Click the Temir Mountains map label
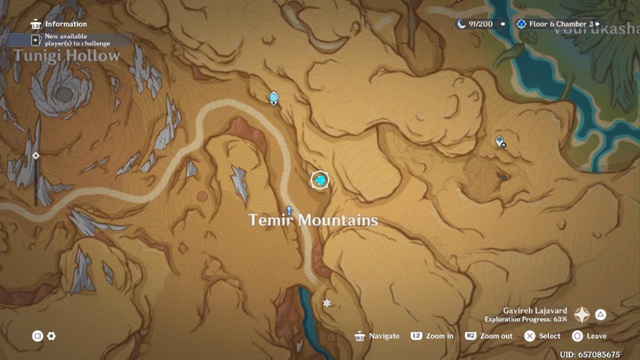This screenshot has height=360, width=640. pos(313,220)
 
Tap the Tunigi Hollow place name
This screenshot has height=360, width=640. pos(67,55)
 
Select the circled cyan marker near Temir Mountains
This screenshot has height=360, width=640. pos(320,180)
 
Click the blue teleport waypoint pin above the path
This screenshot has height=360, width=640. pos(273,97)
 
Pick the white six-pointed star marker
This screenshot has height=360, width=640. pos(327,303)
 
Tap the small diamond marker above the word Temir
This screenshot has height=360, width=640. pos(289,210)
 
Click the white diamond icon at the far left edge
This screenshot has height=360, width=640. pos(36,156)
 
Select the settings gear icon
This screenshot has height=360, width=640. pos(51,336)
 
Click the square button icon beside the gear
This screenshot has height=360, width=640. pos(37,336)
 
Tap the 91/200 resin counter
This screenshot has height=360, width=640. pos(480,24)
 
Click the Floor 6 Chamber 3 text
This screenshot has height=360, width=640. pos(561,24)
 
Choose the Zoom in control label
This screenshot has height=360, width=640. pos(439,336)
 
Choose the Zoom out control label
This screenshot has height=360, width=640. pos(496,336)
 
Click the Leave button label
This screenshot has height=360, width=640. pos(596,336)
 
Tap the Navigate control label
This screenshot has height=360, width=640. pos(384,336)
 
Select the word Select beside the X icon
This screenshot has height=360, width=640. pos(549,336)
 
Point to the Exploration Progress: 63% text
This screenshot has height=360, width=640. pos(525,319)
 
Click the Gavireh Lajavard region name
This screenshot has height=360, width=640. pos(535,310)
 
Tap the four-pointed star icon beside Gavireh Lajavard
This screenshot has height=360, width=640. pos(582,314)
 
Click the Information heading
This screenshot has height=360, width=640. pos(65,24)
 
